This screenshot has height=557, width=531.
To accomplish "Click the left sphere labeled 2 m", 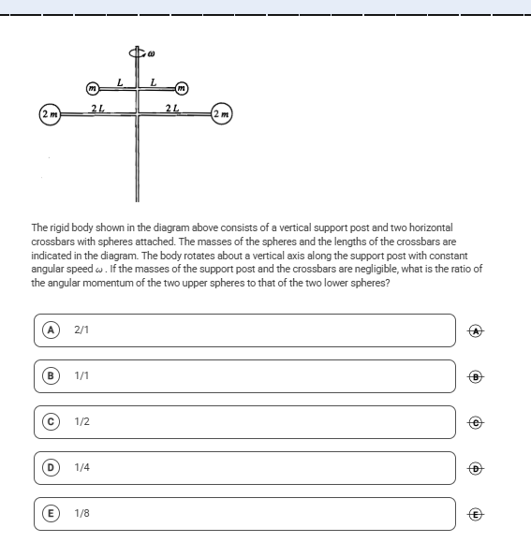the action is coord(50,114).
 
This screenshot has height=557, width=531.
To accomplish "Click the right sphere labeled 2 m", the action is coord(222,114).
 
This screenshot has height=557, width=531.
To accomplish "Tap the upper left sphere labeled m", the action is coord(93,88).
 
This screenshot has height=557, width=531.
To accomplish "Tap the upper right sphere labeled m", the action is coord(182,88).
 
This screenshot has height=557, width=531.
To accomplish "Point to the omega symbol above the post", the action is coord(151,54).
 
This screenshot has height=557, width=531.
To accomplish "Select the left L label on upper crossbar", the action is coord(120,82).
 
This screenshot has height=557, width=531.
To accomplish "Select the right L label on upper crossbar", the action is coord(154,82).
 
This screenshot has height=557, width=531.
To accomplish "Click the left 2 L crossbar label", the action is coord(97,108).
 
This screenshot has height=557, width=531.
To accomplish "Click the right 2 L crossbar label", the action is coord(172,108).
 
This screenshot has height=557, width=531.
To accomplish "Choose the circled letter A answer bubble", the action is coord(51,330).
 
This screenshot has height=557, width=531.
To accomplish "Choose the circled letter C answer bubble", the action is coord(51,421).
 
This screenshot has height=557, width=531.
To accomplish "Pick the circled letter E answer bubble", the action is coord(51,513).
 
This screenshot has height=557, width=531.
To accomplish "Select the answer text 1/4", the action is coord(81,467).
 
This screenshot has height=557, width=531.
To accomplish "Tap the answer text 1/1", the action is coord(81,375).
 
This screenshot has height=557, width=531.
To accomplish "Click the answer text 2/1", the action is coord(81,330).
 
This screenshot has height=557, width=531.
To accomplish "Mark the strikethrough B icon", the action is coord(476,376).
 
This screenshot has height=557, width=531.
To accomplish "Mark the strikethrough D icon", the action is coord(476,469).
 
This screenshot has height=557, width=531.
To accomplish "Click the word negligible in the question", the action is coord(379,269).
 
